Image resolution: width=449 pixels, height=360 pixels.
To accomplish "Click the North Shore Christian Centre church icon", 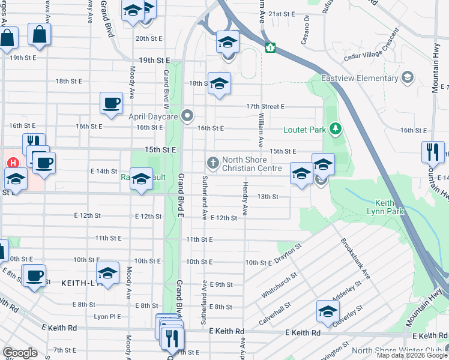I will (212, 161).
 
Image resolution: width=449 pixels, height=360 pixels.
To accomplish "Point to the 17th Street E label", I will (265, 106).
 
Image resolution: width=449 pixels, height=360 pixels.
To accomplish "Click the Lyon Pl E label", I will (107, 316).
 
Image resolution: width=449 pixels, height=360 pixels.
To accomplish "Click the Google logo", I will (20, 353).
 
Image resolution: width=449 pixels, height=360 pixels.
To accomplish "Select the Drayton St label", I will (288, 254).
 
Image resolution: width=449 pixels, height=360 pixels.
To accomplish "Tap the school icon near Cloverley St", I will (328, 310).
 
